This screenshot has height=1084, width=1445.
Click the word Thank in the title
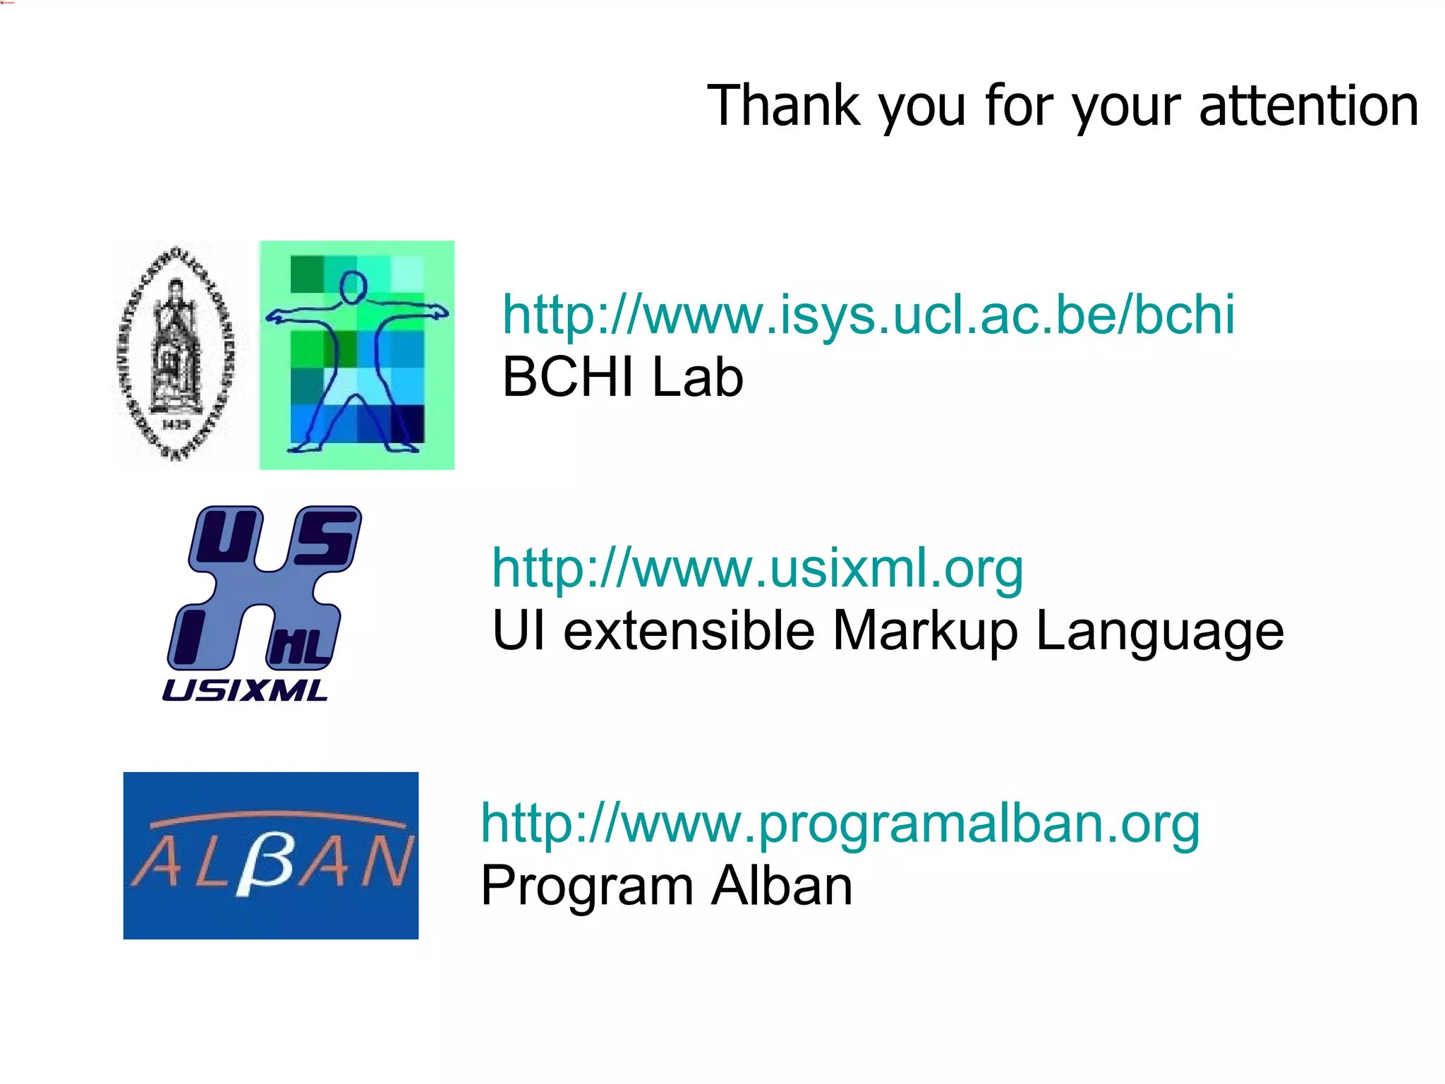pos(782,106)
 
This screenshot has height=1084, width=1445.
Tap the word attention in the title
pos(1308,106)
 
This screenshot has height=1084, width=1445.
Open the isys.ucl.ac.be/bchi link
pos(868,314)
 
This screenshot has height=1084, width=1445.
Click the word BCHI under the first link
pos(568,377)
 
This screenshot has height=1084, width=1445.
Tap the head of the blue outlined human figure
pos(352,288)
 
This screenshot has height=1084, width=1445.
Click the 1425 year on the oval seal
pos(176,424)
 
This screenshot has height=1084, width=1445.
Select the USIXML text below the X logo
pos(245,690)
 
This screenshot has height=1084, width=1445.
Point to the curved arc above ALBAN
pos(278,819)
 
